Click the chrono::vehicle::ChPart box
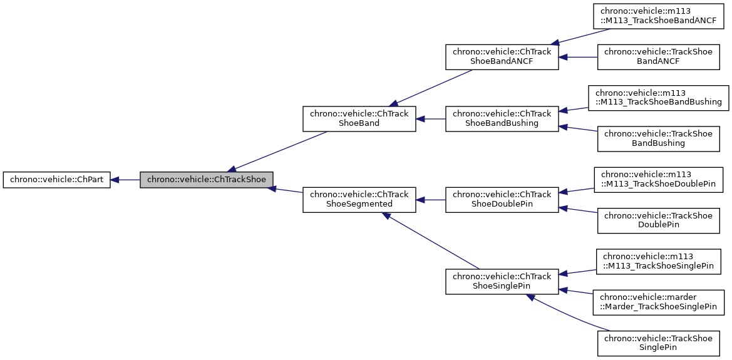point(56,180)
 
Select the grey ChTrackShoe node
point(207,180)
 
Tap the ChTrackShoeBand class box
point(359,119)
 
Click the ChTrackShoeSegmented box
point(359,200)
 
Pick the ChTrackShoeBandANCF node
point(502,57)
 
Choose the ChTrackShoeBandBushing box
point(502,119)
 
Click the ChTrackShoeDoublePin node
point(502,200)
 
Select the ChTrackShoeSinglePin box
point(502,281)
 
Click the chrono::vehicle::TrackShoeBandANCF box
point(657,57)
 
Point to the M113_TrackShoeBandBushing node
point(657,98)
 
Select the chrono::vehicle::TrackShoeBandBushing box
point(657,139)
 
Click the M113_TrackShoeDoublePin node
point(657,179)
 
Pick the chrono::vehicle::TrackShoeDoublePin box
point(657,220)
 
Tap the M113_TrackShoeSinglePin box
point(657,260)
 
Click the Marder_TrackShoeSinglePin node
point(659,302)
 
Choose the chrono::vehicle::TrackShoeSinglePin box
point(657,343)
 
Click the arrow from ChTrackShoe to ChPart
point(125,180)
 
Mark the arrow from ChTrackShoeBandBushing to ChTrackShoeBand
point(431,119)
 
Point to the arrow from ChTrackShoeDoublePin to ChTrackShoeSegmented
point(431,200)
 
